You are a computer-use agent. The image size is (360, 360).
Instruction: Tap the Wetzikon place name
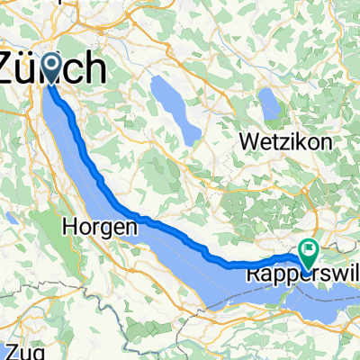(x=286, y=142)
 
